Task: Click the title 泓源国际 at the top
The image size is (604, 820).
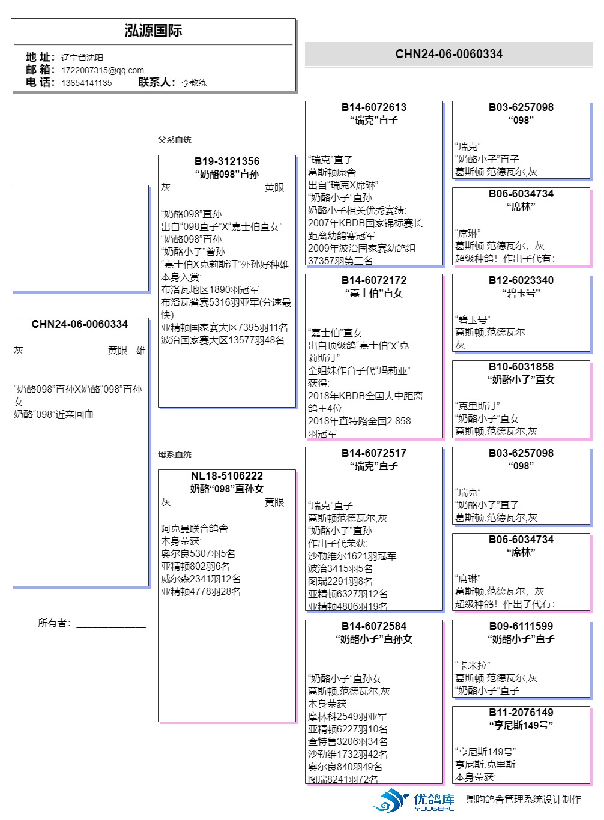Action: tap(153, 31)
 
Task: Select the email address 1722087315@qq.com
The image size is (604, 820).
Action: tap(102, 70)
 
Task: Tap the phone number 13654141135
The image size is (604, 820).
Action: tap(86, 83)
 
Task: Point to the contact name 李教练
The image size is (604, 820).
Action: tap(194, 83)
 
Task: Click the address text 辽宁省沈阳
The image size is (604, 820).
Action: tap(82, 58)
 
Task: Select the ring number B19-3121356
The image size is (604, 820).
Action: tap(227, 161)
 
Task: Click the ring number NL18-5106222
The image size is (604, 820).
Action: tap(227, 476)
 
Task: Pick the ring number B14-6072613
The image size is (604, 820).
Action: tap(374, 107)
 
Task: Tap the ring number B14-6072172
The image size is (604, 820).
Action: tap(374, 280)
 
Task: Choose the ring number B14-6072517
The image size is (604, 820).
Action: tap(374, 453)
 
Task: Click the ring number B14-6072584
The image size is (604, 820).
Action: tap(374, 626)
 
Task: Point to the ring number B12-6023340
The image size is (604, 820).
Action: tap(521, 280)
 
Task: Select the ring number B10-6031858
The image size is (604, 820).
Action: tap(521, 367)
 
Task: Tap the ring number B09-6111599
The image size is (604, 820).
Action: tap(521, 626)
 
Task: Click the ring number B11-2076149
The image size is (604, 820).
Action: tap(521, 713)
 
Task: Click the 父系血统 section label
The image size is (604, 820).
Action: tap(175, 140)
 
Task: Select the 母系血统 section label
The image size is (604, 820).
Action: tap(175, 454)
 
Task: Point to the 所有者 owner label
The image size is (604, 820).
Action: tap(54, 623)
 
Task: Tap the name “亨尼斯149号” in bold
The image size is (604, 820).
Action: tap(521, 725)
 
